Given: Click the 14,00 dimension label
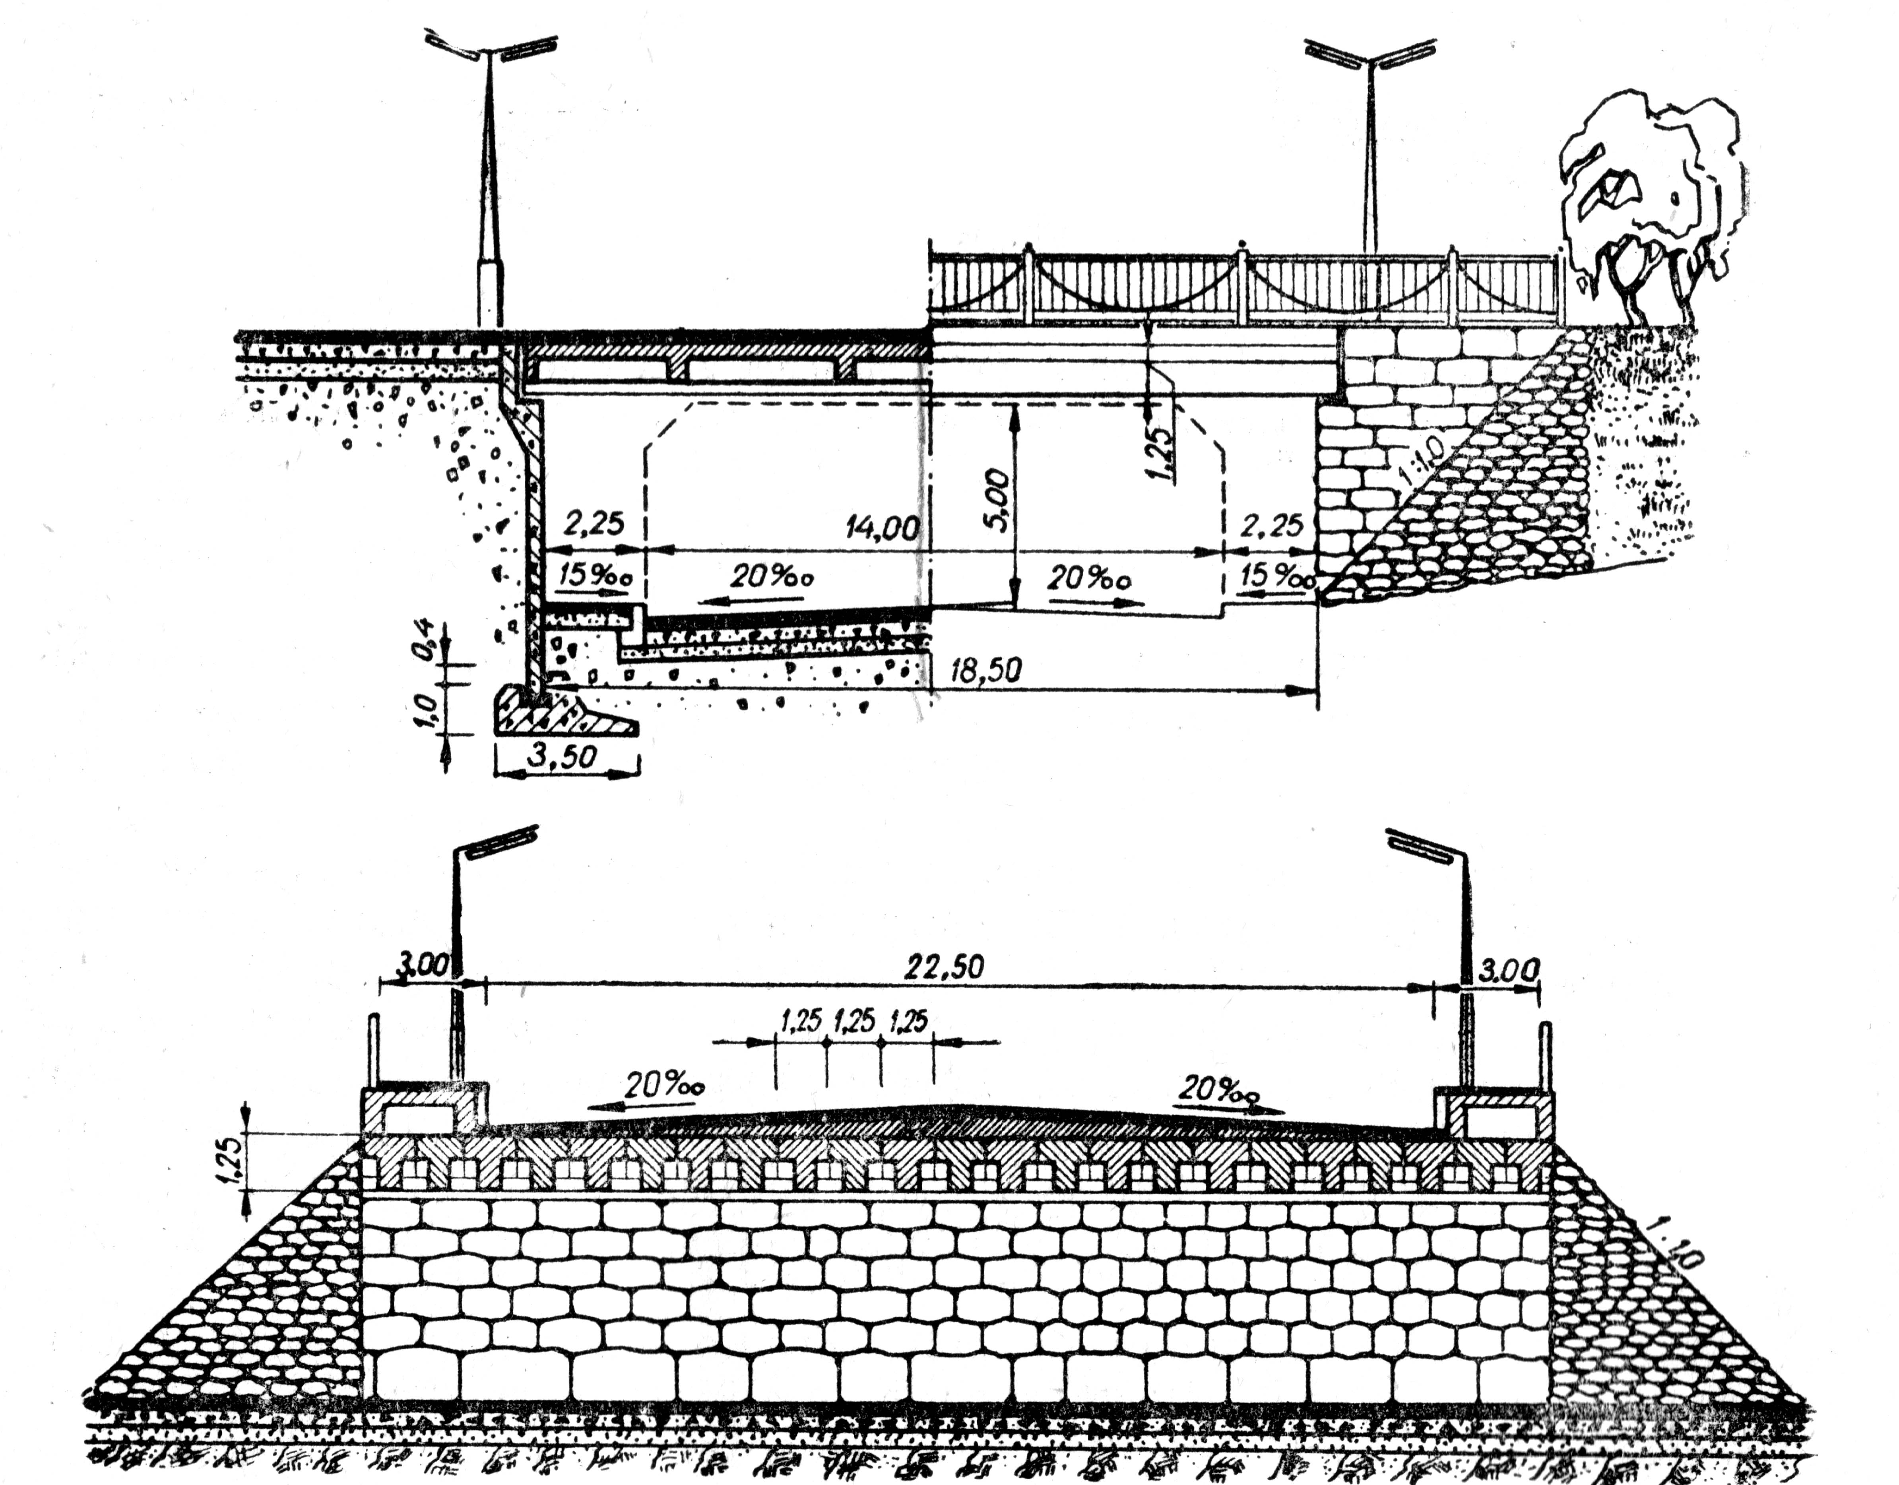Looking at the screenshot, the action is pos(883,528).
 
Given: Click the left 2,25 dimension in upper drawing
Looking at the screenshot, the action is pos(594,523).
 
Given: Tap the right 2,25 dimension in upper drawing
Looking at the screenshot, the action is pos(1272,525).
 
